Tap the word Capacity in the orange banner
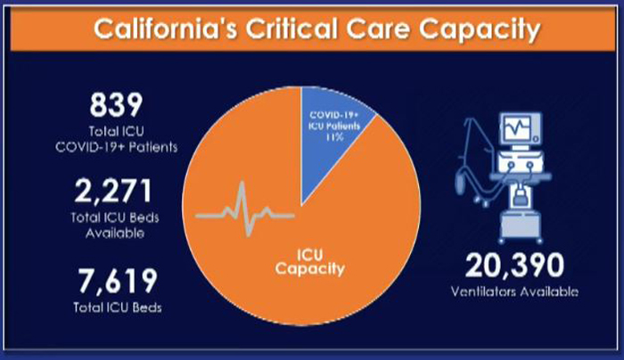[480, 30]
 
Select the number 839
[116, 105]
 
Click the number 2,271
[113, 192]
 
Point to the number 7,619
[118, 281]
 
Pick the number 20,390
[514, 266]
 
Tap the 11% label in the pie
[334, 137]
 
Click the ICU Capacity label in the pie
[309, 262]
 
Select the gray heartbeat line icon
[245, 209]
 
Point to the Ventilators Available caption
[514, 291]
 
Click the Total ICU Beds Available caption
[115, 225]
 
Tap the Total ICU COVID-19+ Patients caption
[116, 139]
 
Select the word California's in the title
[166, 29]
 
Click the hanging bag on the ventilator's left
[461, 181]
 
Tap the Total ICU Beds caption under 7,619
[118, 307]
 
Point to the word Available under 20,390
[549, 291]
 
